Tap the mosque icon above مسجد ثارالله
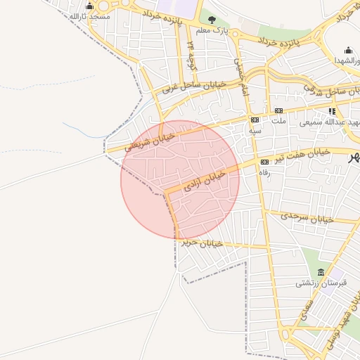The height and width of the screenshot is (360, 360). tap(89, 6)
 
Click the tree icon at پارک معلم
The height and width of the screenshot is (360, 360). tap(212, 20)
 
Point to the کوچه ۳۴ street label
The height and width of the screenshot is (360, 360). tap(191, 53)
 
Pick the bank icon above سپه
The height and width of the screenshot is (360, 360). tap(255, 120)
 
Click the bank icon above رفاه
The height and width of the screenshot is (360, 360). tap(264, 162)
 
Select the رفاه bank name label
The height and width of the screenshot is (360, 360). tap(264, 172)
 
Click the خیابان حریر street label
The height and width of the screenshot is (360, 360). tap(202, 243)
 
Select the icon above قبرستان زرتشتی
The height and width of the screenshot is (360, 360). tap(321, 273)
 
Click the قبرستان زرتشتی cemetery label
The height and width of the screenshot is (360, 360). tap(317, 283)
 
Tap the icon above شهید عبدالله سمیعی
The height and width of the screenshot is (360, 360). tap(332, 111)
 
